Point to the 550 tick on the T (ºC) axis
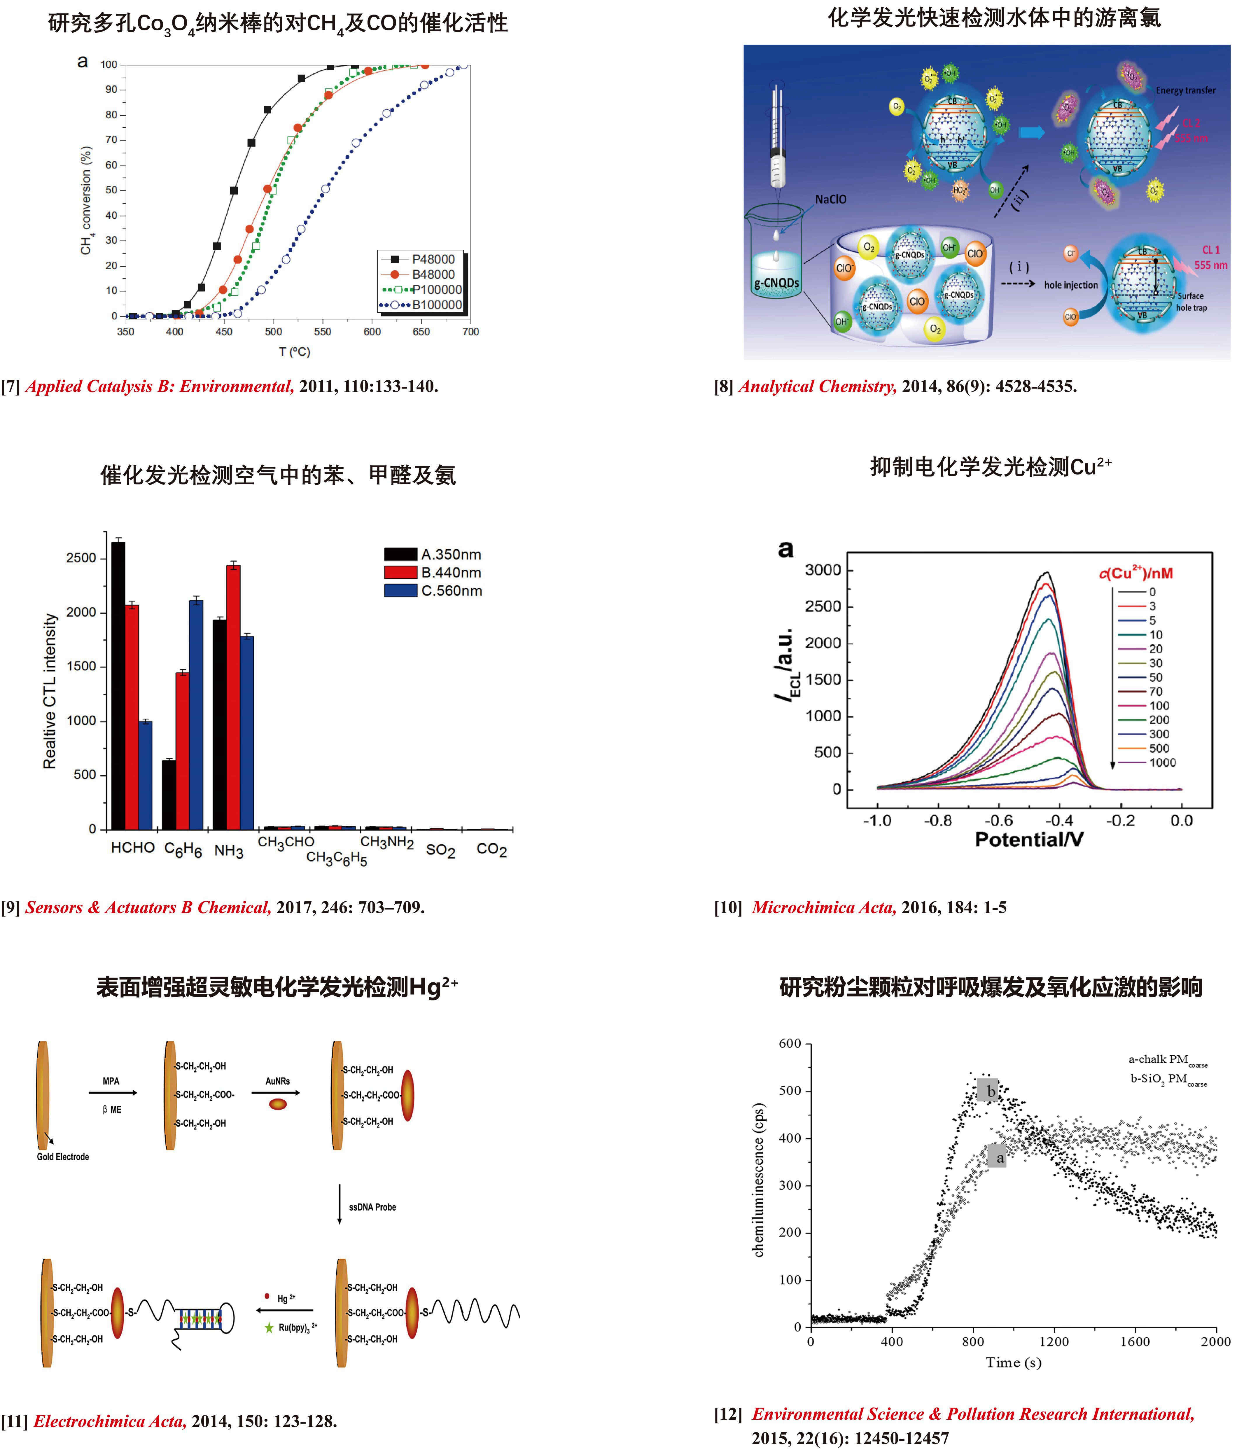click(323, 332)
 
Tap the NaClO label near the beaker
click(830, 200)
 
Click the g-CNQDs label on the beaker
click(776, 283)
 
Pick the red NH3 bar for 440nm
click(233, 696)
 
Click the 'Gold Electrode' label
click(63, 1157)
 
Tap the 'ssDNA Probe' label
click(372, 1207)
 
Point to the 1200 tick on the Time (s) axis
click(1054, 1341)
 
